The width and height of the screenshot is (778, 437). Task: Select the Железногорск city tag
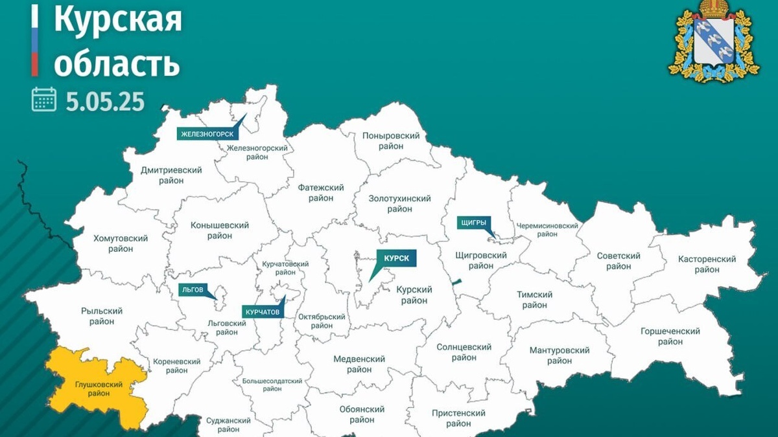207,134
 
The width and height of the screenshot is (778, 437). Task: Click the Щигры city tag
473,223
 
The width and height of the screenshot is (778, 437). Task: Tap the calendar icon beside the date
44,100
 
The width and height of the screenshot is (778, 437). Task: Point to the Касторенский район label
707,264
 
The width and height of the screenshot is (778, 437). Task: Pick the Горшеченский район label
670,336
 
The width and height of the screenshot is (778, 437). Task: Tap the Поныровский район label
392,140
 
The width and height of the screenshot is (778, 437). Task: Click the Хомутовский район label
121,243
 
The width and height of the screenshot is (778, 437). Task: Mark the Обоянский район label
362,414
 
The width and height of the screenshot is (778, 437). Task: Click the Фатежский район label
320,193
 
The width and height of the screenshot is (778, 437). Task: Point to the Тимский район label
534,300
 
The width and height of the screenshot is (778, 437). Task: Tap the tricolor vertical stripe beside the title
34,39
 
